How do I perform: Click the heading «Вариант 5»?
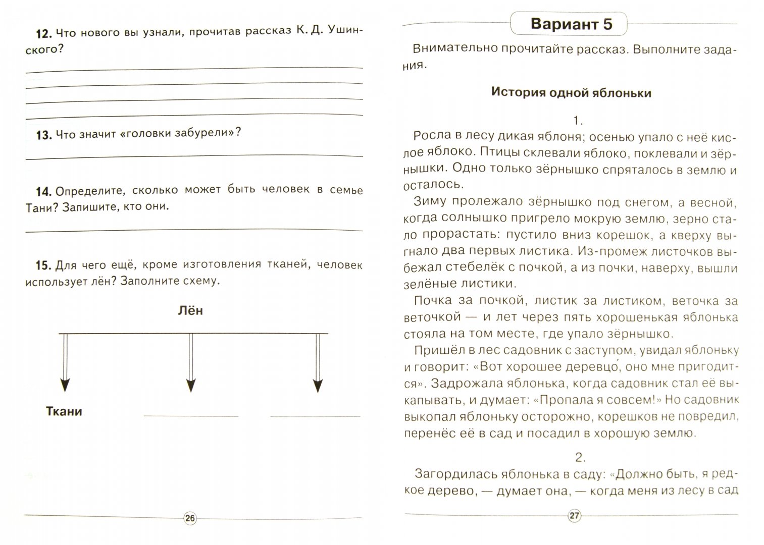click(x=571, y=24)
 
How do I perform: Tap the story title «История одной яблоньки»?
click(x=571, y=93)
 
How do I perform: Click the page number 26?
click(x=190, y=518)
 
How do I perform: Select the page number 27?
click(x=575, y=516)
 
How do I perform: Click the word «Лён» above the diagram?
click(x=190, y=310)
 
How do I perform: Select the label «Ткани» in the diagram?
click(x=64, y=411)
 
